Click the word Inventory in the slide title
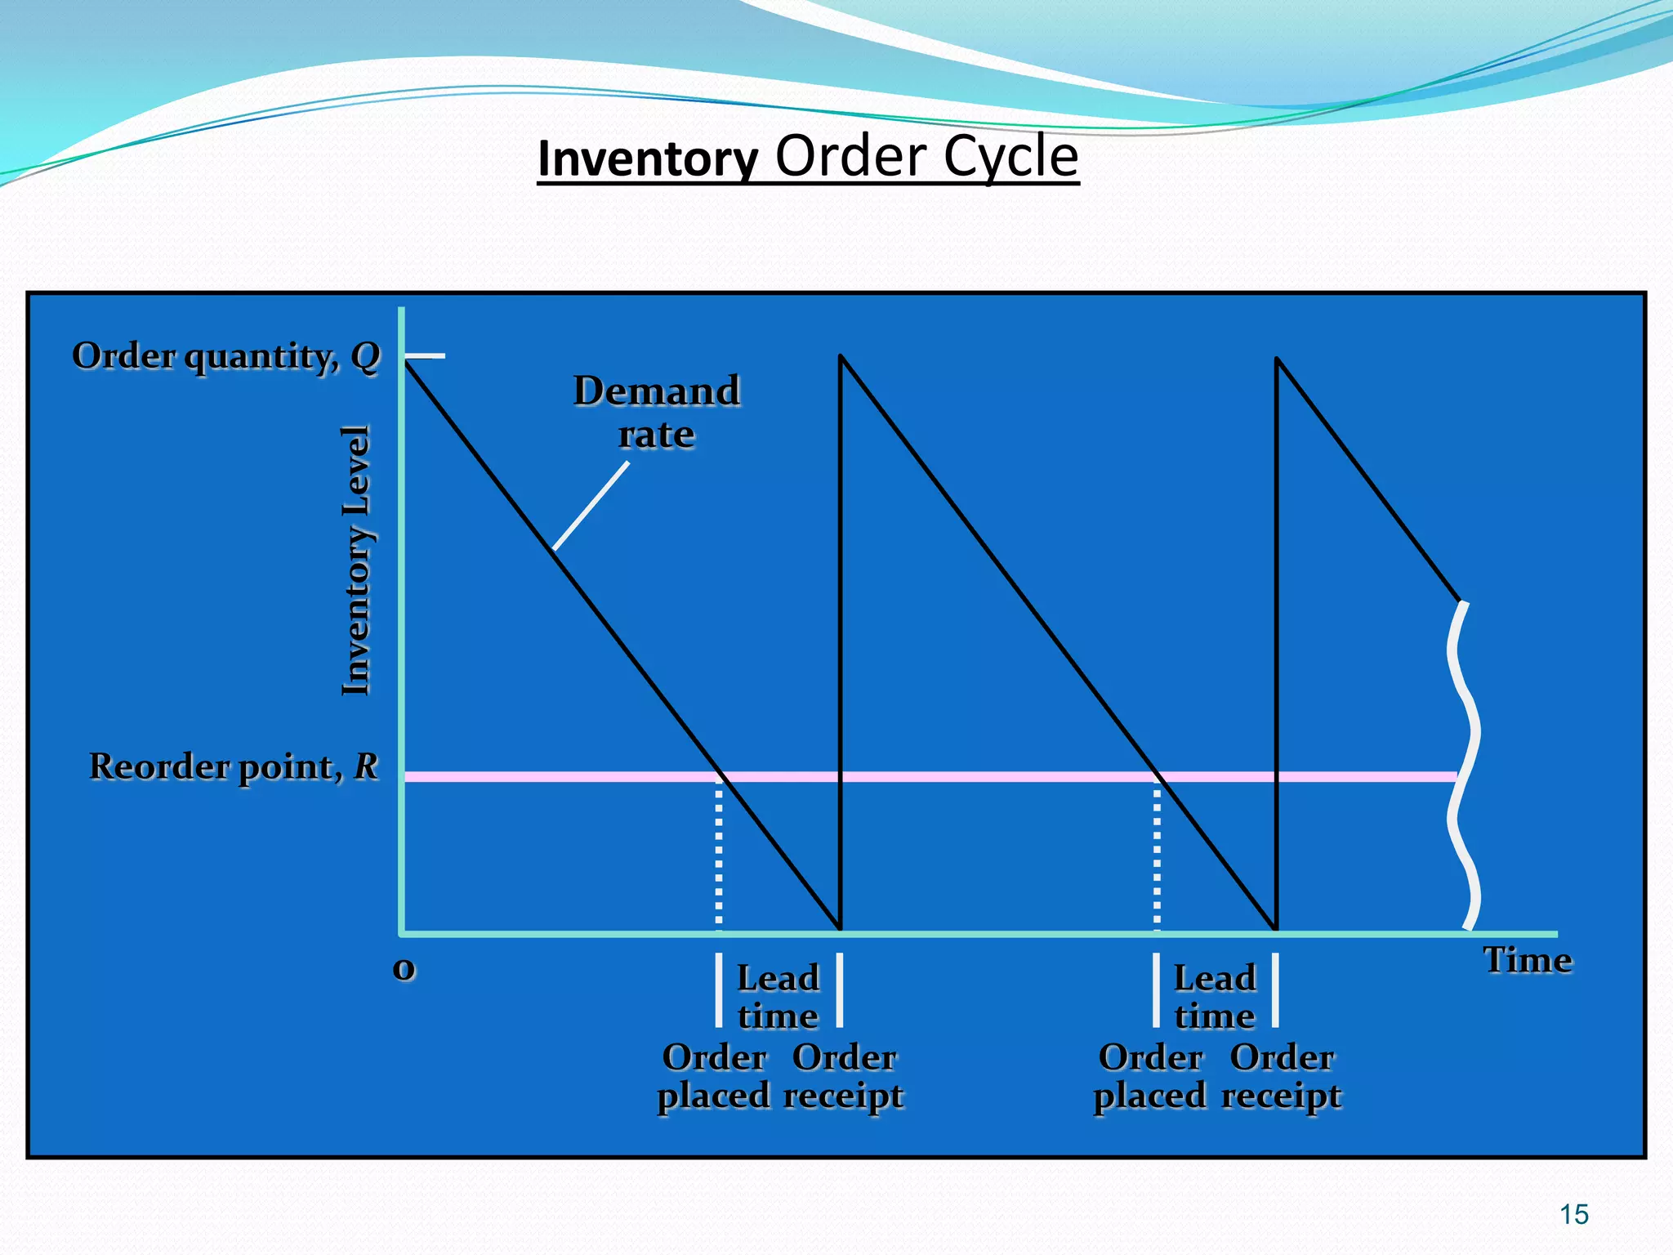coord(648,159)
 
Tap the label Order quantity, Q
coord(226,356)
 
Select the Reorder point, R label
coord(234,766)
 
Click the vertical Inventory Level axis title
coord(356,561)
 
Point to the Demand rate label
coord(657,412)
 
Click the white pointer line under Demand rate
coord(591,507)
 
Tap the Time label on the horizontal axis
coord(1527,960)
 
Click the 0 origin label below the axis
coord(404,969)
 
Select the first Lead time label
coord(778,997)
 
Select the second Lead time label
coord(1215,997)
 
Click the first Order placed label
coord(714,1076)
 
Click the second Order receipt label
coord(1281,1076)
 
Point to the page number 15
coord(1573,1215)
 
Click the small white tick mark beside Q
coord(426,356)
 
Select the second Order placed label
coord(1150,1076)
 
